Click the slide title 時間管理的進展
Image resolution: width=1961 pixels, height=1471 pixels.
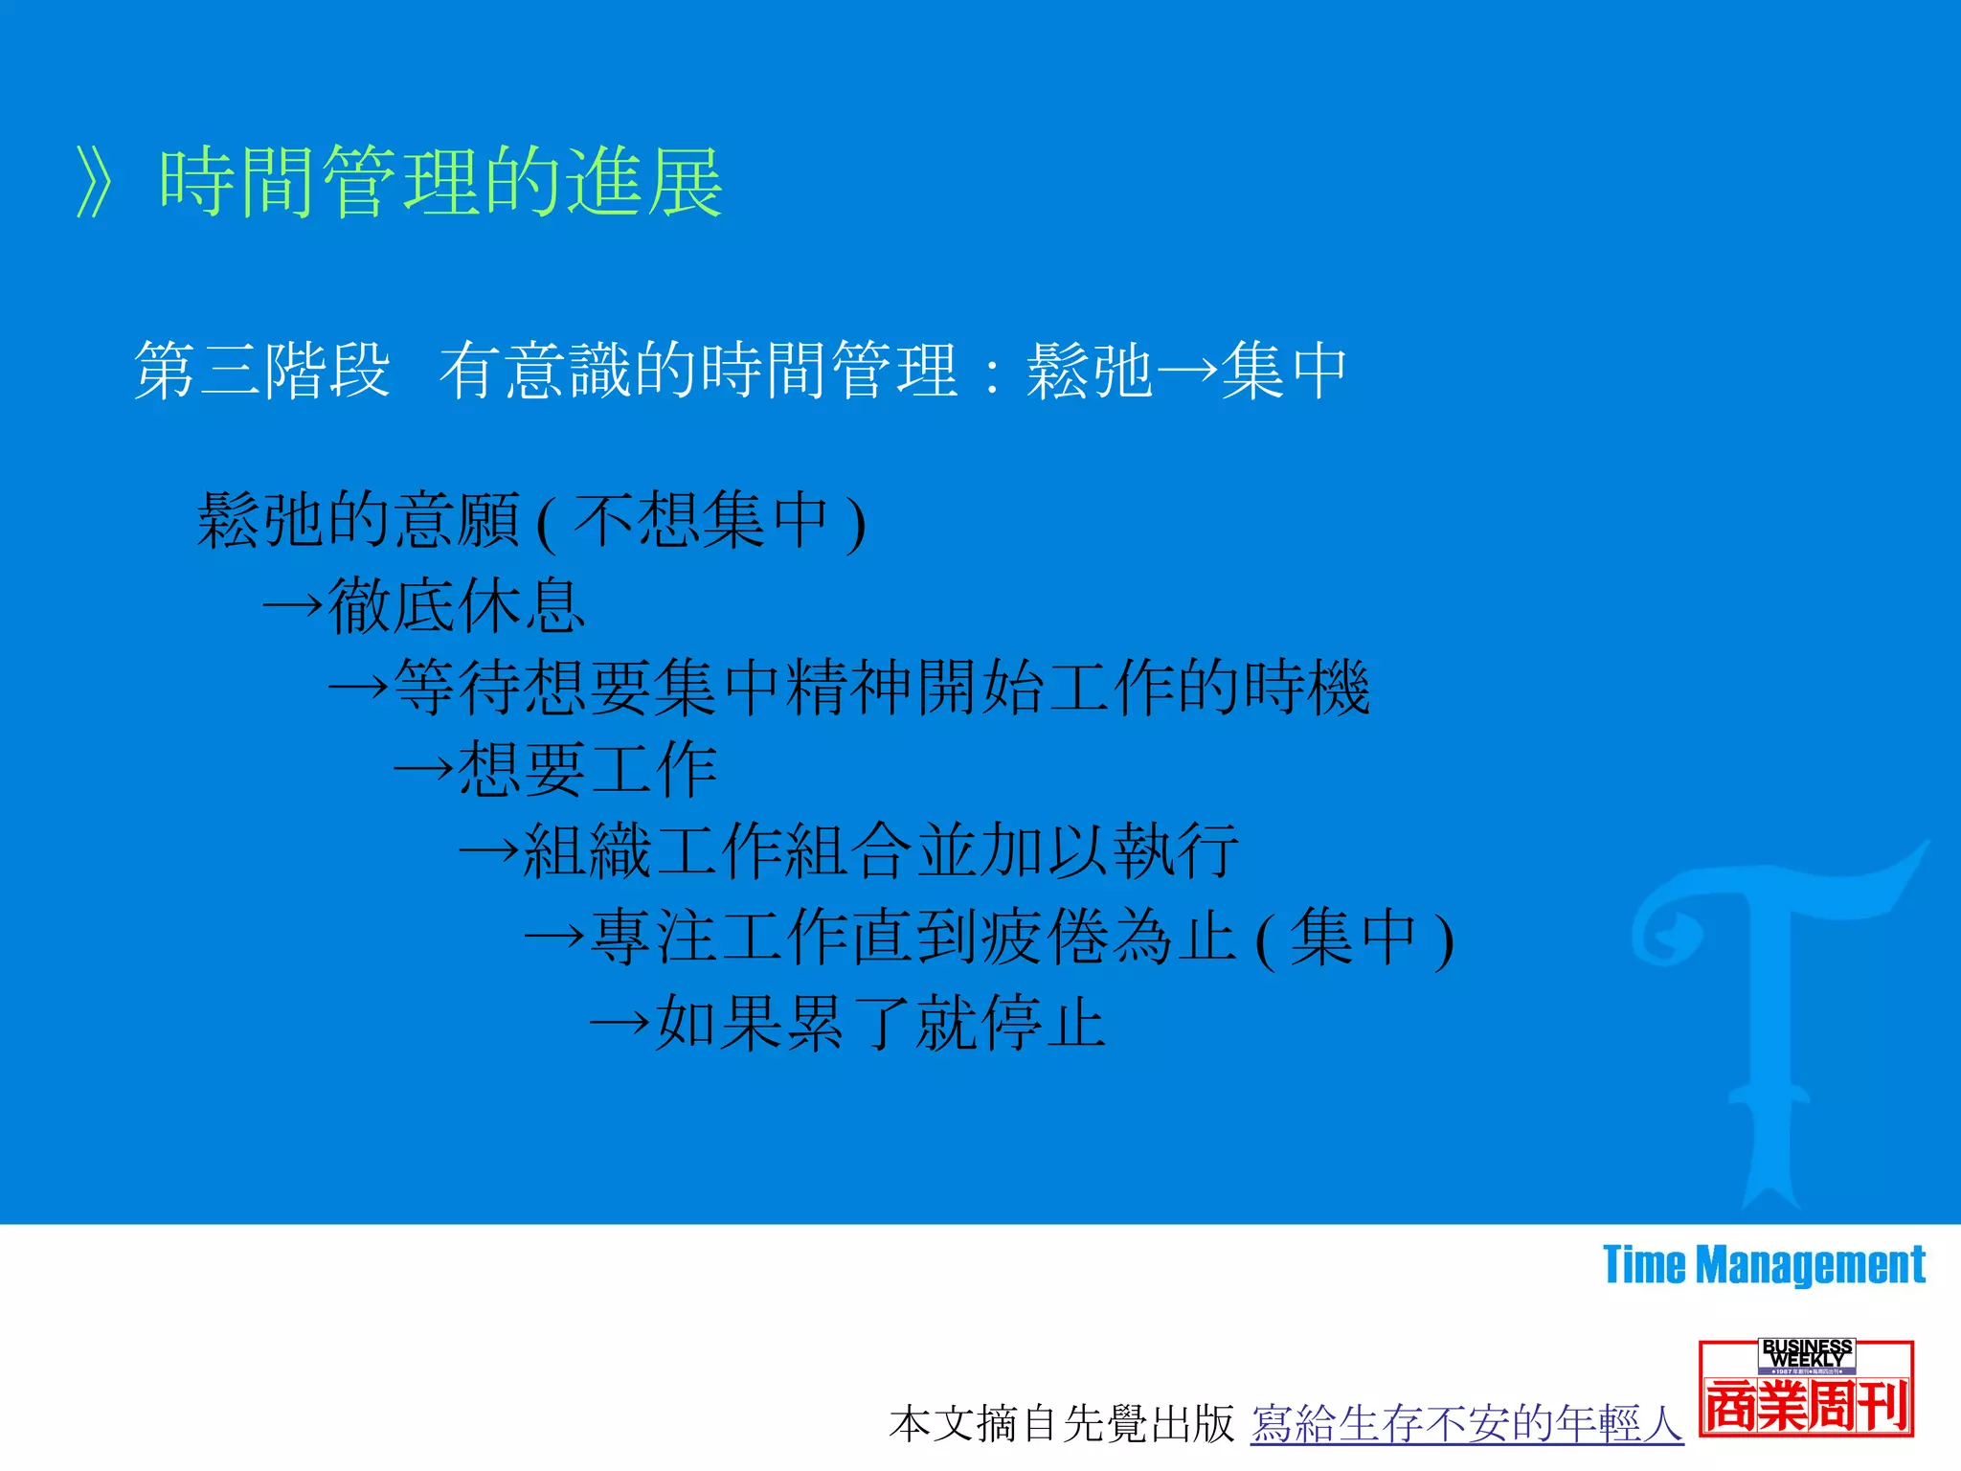440,182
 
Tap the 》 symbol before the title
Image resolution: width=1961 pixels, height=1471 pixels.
96,182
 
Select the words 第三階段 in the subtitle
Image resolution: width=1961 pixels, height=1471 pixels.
262,371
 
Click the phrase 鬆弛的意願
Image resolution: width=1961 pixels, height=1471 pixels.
359,521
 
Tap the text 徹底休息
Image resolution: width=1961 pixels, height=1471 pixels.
456,606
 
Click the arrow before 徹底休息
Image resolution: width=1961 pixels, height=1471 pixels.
293,606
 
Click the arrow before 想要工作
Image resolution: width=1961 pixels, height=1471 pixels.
424,770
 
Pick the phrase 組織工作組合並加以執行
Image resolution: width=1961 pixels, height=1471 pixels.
881,851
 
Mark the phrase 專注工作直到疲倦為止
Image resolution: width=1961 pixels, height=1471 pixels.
914,937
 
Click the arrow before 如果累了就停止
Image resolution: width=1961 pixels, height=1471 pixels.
620,1023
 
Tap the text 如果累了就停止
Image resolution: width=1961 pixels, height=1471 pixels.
881,1023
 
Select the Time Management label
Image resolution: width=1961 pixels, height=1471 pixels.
1764,1265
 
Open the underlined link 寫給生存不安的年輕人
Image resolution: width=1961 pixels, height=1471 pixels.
1467,1424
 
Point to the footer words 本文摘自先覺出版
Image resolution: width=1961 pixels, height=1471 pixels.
1061,1424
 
